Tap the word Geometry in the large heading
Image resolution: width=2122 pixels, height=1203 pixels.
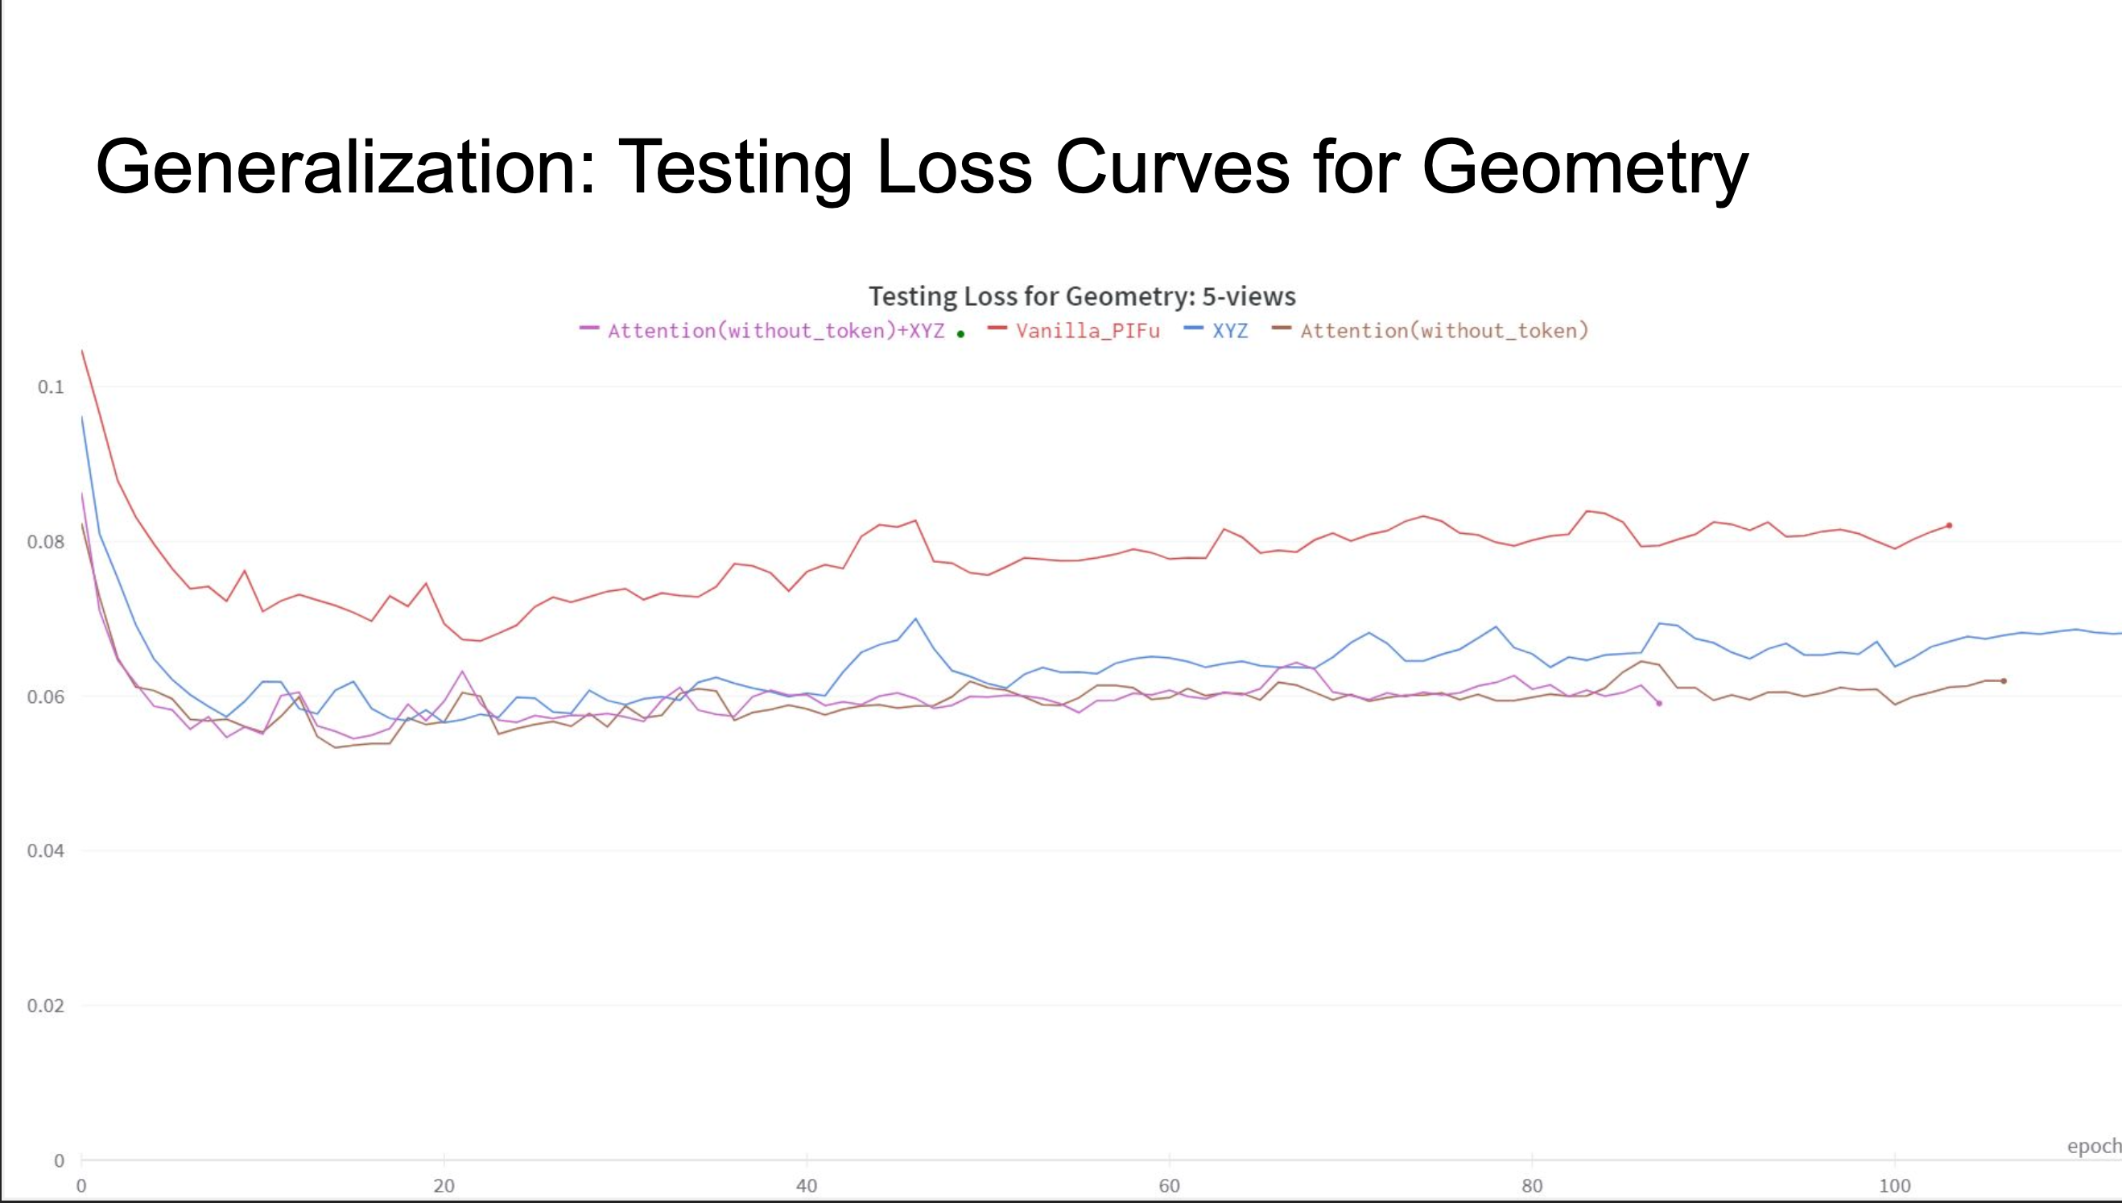point(1584,167)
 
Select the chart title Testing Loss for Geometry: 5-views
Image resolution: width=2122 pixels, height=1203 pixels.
point(1081,296)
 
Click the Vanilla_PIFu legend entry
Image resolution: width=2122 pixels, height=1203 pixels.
point(1087,330)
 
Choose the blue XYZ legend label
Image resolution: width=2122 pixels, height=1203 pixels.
point(1229,330)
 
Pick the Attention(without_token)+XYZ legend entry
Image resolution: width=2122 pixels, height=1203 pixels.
point(774,330)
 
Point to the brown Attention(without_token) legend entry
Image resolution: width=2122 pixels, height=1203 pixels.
point(1444,330)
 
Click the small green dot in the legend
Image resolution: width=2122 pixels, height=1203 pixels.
point(960,334)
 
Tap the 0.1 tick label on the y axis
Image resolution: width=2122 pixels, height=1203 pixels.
point(51,387)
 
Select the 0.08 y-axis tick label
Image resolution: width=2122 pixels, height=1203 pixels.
point(45,542)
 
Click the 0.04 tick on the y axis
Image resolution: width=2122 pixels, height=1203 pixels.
point(45,851)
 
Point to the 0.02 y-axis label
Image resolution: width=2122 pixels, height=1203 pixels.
point(45,1006)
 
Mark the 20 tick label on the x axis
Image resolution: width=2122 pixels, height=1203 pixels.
point(444,1185)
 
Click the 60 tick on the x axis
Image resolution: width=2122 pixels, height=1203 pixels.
point(1169,1185)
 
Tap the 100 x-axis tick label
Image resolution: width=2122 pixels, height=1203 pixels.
point(1894,1185)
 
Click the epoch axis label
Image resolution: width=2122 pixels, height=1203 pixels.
point(2093,1146)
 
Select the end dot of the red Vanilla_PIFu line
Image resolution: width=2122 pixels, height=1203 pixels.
point(1950,526)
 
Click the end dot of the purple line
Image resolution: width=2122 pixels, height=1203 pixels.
point(1658,703)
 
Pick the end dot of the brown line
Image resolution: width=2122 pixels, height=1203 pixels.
point(2004,681)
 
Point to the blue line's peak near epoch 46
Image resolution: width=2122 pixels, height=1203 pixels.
point(915,619)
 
